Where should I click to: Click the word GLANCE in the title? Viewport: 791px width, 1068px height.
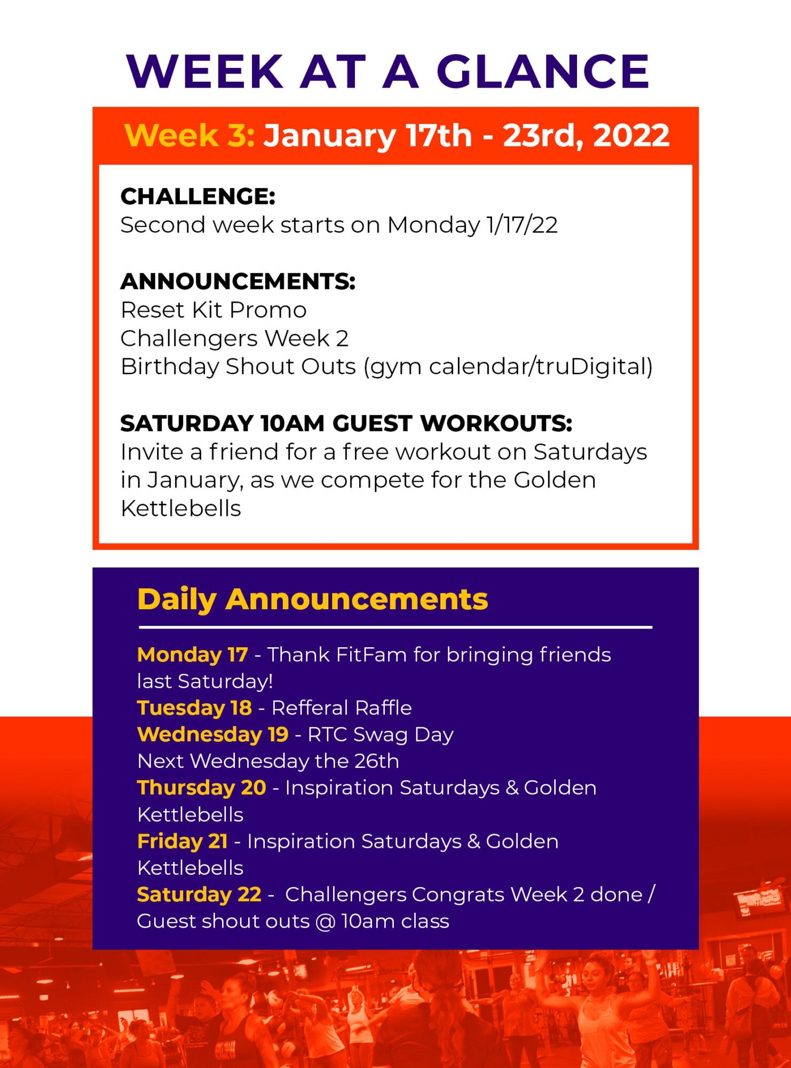click(x=543, y=71)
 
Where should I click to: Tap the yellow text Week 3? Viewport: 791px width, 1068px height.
click(x=189, y=135)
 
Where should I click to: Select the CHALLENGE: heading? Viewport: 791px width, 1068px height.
click(x=198, y=197)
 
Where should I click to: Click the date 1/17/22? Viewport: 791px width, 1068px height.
click(x=522, y=225)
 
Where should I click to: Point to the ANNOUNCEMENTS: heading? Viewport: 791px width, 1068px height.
click(x=238, y=281)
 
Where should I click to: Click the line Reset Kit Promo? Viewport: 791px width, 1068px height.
click(x=213, y=310)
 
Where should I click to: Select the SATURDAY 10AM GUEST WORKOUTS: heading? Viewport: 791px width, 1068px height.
click(x=346, y=423)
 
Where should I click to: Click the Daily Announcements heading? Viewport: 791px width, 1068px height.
click(x=313, y=599)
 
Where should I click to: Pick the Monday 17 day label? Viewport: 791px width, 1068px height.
click(x=193, y=655)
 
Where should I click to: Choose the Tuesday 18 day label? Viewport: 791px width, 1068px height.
click(x=194, y=708)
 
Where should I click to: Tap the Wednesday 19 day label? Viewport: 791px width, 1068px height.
click(x=213, y=735)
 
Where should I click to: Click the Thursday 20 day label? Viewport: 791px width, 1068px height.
click(x=202, y=788)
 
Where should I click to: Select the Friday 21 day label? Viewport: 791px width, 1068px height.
click(x=183, y=842)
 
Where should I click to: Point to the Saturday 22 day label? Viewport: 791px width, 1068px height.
click(x=199, y=895)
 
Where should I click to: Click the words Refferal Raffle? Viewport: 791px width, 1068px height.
click(x=342, y=708)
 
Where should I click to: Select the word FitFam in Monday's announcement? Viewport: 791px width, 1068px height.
click(x=371, y=655)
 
